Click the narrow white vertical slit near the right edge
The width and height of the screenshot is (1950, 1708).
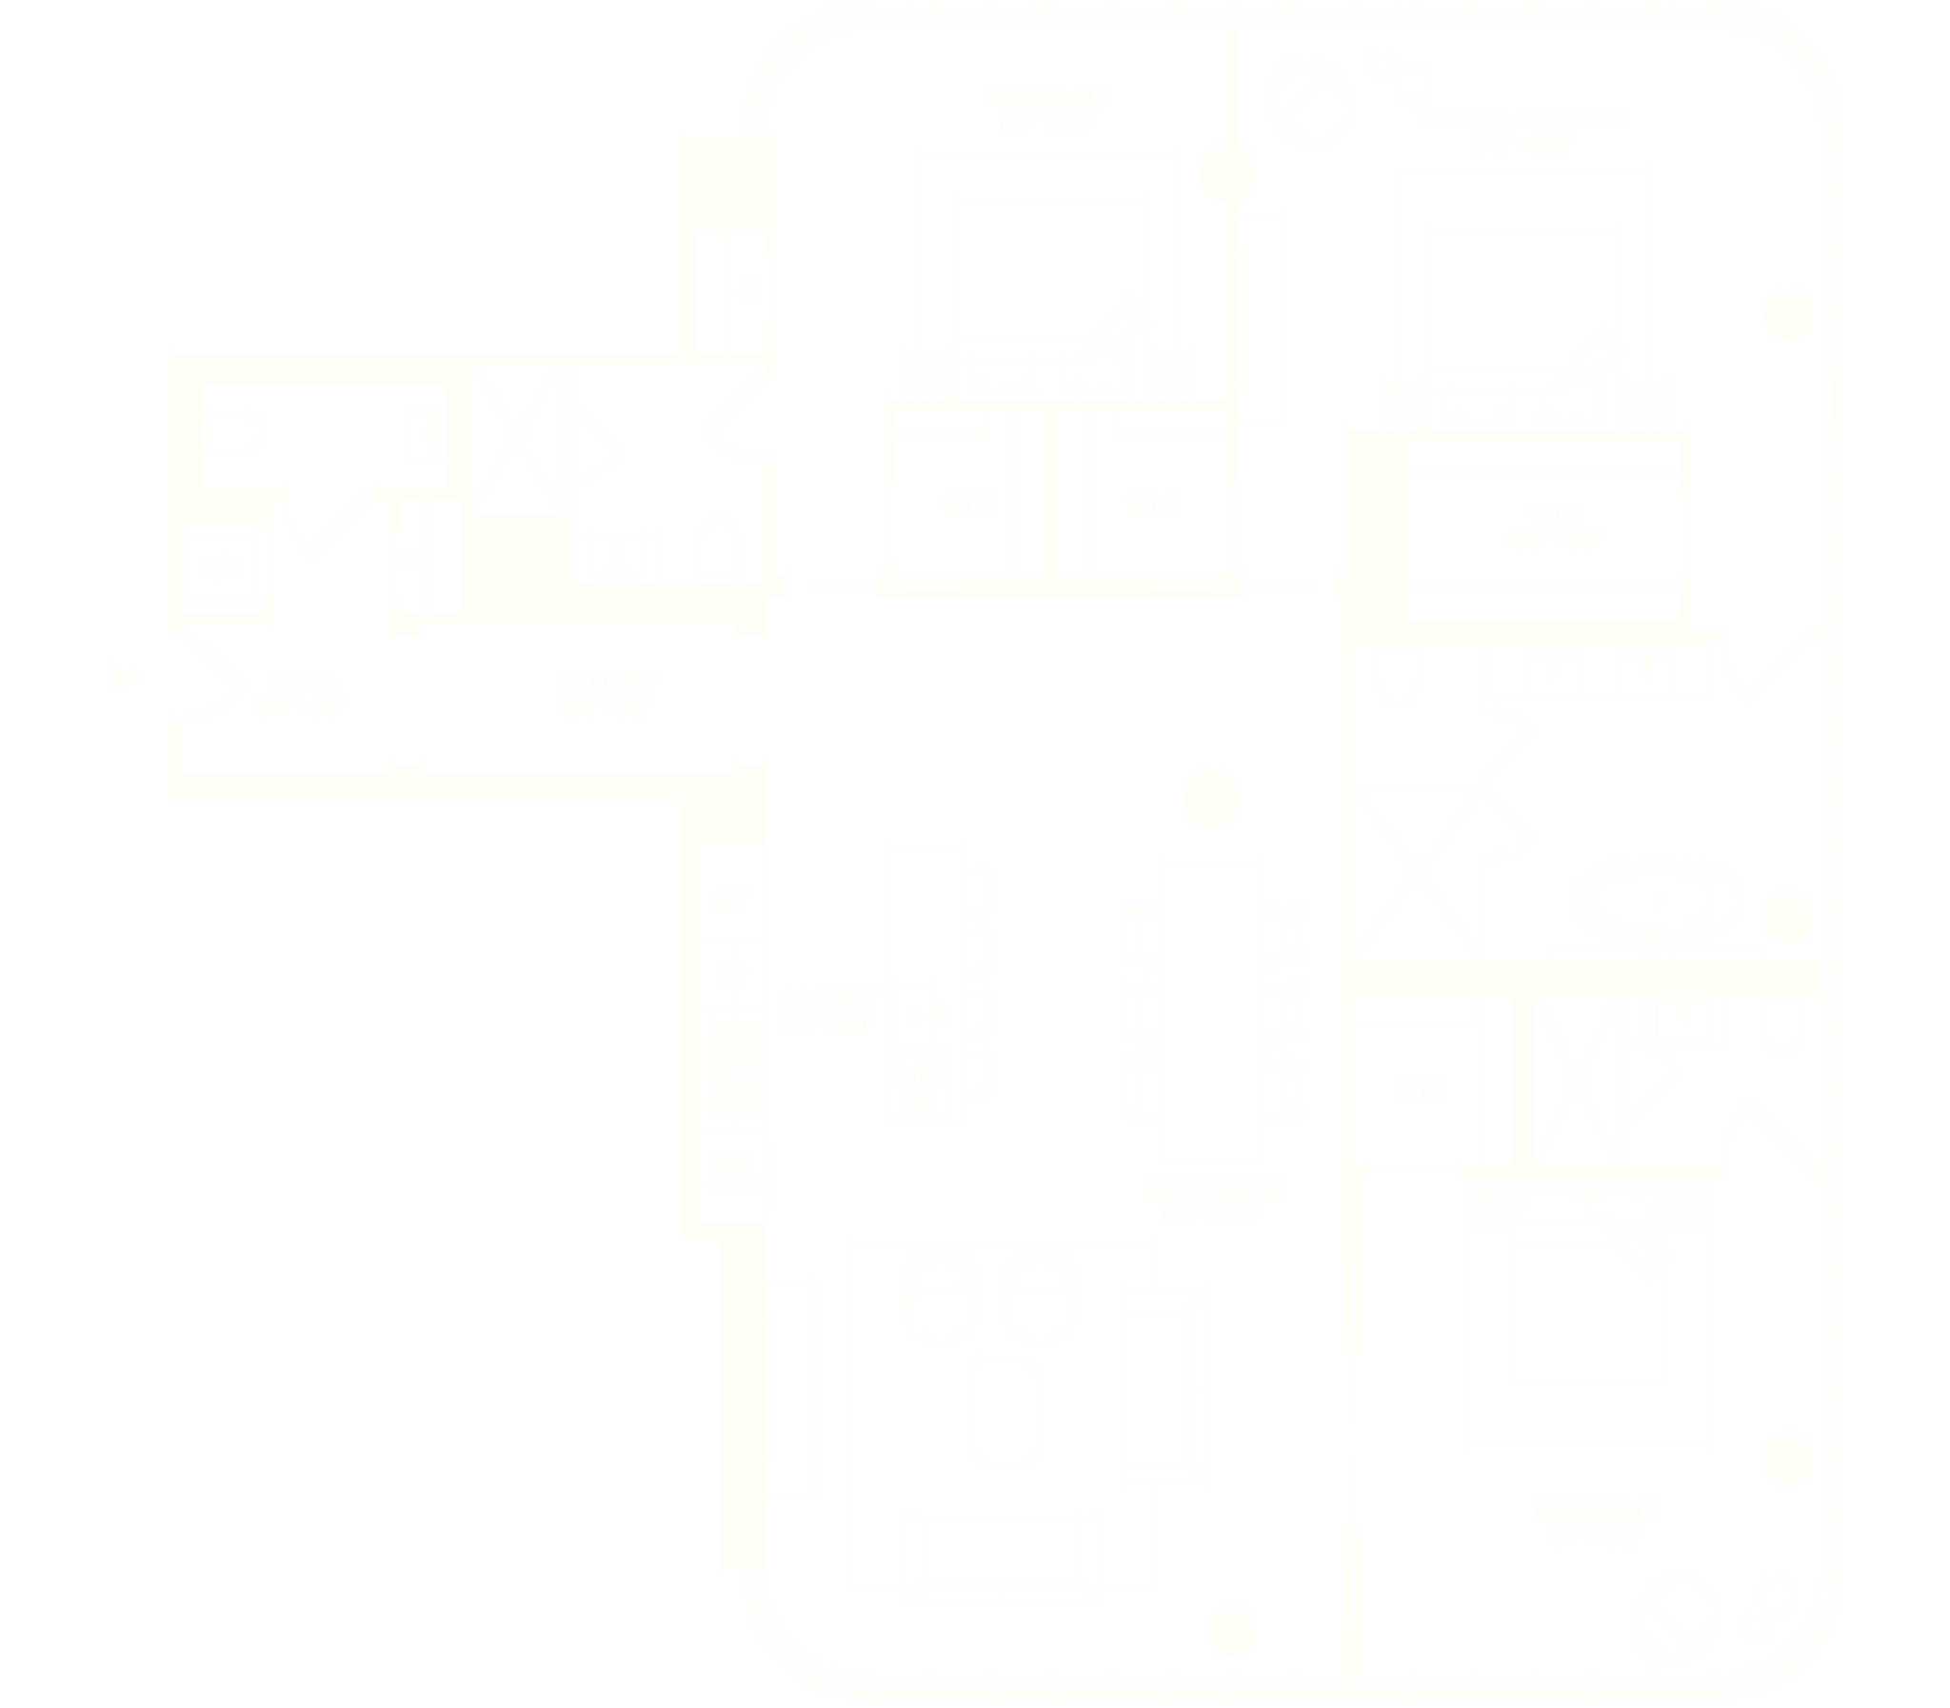pos(1747,508)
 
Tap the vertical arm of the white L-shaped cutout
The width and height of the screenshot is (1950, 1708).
pos(1059,858)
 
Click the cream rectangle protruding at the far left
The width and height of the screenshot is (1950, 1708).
pos(229,578)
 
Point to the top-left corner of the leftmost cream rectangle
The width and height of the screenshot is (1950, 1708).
pos(108,351)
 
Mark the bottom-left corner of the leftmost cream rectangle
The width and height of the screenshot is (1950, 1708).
pos(108,804)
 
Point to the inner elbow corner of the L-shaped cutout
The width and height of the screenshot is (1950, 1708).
pos(998,761)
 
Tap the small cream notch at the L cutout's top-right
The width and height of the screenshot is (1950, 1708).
pos(1085,658)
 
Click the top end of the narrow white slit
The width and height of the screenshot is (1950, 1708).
pos(1747,341)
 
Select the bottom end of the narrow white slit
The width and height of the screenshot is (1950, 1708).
pos(1747,676)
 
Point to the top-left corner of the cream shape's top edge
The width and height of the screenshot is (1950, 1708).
pos(703,9)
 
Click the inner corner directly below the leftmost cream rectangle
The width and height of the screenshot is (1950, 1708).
pos(350,805)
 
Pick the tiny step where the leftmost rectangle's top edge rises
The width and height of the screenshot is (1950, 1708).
pos(350,344)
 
